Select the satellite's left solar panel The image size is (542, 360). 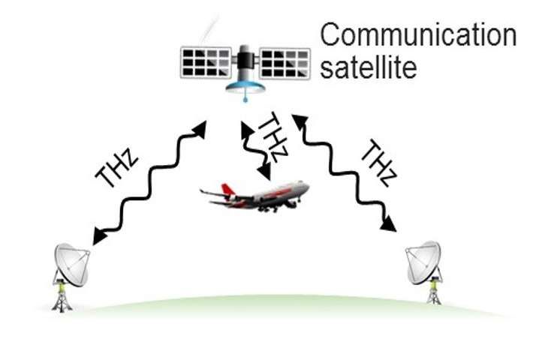pos(206,62)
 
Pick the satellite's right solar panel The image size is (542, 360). pos(285,62)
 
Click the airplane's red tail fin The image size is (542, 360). pos(212,191)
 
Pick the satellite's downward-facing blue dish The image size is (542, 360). pos(245,87)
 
